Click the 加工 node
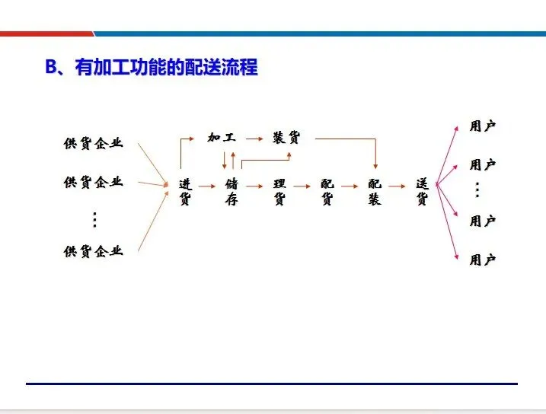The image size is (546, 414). click(x=222, y=138)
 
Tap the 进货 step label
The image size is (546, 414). click(x=185, y=192)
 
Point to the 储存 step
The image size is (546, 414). click(x=232, y=192)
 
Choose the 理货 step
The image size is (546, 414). click(x=279, y=192)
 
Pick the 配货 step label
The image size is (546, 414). click(x=327, y=192)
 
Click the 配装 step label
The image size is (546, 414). click(x=374, y=192)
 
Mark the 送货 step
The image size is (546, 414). click(x=422, y=192)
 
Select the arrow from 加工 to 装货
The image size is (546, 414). click(x=254, y=139)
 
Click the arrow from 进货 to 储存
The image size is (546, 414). click(x=208, y=186)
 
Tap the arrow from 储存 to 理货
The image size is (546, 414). click(x=255, y=186)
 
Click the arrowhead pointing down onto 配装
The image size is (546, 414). click(x=375, y=165)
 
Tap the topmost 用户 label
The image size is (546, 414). click(x=483, y=126)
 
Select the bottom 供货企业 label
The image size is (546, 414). click(x=93, y=251)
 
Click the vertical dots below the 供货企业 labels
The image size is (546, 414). click(x=94, y=219)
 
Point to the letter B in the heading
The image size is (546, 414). click(x=51, y=67)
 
